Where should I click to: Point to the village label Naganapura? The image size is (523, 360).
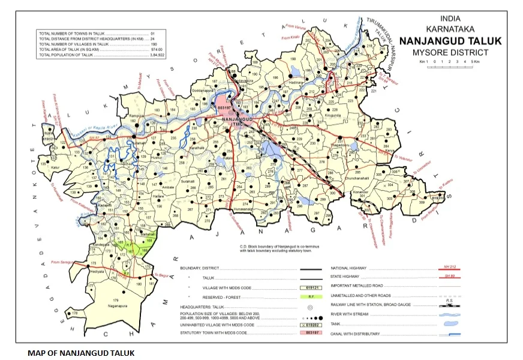click(x=119, y=305)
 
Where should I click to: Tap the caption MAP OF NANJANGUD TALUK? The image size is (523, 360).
click(x=81, y=352)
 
